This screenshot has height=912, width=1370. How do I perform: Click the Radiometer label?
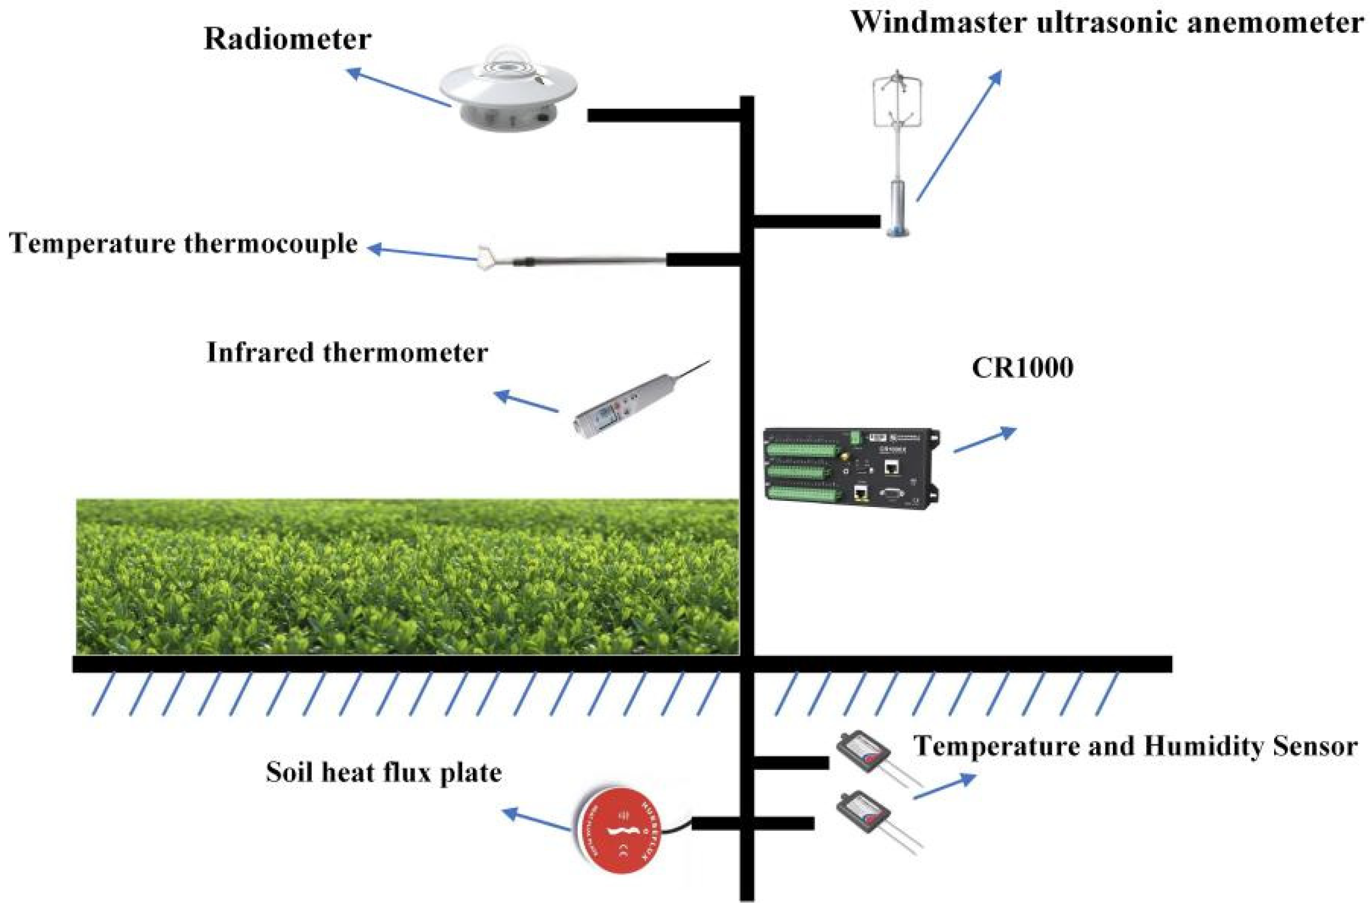tap(287, 40)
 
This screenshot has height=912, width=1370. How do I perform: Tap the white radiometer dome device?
tap(508, 93)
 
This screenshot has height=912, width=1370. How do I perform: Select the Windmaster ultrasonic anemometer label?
tap(1106, 23)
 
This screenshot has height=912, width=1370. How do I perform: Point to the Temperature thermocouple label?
tap(183, 243)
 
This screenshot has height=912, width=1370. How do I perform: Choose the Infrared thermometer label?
tap(347, 353)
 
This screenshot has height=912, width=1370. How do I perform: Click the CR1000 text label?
tap(1022, 368)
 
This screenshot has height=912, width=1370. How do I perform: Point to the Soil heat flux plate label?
tap(384, 773)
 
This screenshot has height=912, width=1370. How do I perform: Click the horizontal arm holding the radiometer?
tap(664, 115)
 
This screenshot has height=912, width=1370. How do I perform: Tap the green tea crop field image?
tap(408, 576)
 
